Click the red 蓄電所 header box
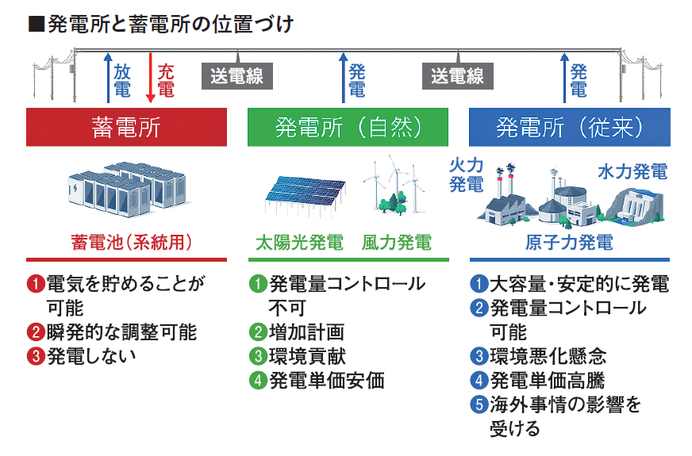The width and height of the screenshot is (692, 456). point(126,127)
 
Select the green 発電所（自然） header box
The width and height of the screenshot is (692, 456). point(348,127)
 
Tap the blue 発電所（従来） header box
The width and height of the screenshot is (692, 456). point(569,127)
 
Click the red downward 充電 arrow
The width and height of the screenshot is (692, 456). point(151,78)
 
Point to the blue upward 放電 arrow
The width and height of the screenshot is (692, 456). point(108,78)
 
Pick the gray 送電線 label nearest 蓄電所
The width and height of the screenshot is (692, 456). point(237,76)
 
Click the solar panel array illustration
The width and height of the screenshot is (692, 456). point(305,195)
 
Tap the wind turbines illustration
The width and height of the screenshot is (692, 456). point(394,186)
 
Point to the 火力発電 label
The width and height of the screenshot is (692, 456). point(467,174)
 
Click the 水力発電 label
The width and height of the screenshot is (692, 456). point(632,171)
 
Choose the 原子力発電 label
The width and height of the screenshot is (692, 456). point(569,243)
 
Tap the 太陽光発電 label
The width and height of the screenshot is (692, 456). point(299,243)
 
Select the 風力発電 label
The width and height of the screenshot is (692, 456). point(396,243)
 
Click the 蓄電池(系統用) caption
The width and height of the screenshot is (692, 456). point(131,243)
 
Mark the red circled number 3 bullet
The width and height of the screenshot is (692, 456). point(36,356)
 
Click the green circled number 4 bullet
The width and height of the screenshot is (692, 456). point(258,380)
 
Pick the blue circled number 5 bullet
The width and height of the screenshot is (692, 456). point(479,404)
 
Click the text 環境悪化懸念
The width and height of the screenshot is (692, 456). point(548,356)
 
